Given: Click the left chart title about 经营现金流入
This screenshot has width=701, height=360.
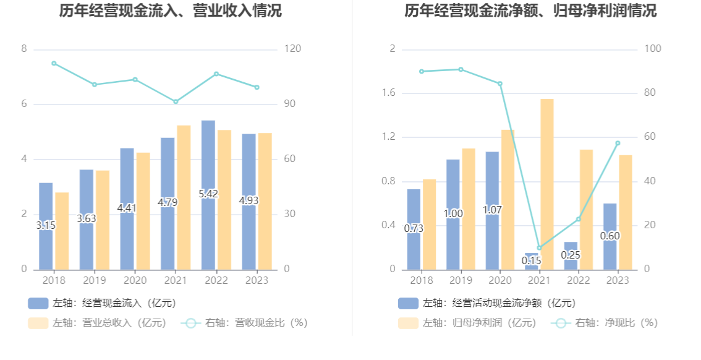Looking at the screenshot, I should (170, 11).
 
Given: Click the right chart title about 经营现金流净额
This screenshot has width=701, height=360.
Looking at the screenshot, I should (531, 11).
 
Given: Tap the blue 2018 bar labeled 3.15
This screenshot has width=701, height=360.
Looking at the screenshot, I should (46, 204).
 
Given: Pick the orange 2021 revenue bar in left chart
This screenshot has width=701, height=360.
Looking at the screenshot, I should (184, 197).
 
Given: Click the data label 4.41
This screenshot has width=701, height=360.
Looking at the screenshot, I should (127, 208).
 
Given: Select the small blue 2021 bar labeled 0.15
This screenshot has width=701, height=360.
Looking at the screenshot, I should (532, 260).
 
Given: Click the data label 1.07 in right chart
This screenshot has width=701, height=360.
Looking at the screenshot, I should (492, 210).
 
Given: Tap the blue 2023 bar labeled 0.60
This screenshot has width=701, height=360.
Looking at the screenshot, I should (610, 236).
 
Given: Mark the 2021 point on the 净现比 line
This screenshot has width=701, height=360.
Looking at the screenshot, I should (539, 247).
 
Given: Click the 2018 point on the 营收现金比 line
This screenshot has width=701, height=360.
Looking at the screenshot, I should (54, 63).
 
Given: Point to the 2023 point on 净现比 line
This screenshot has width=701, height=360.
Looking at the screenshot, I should (618, 144).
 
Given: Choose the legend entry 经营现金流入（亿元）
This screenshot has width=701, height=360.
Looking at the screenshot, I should (102, 303).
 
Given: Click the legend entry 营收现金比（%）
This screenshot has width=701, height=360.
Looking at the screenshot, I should (244, 323).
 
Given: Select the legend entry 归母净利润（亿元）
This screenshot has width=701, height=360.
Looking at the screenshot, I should (469, 323).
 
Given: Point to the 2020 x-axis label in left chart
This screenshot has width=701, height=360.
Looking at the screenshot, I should (135, 280).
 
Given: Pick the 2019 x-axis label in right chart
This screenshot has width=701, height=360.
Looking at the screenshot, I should (461, 280).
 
